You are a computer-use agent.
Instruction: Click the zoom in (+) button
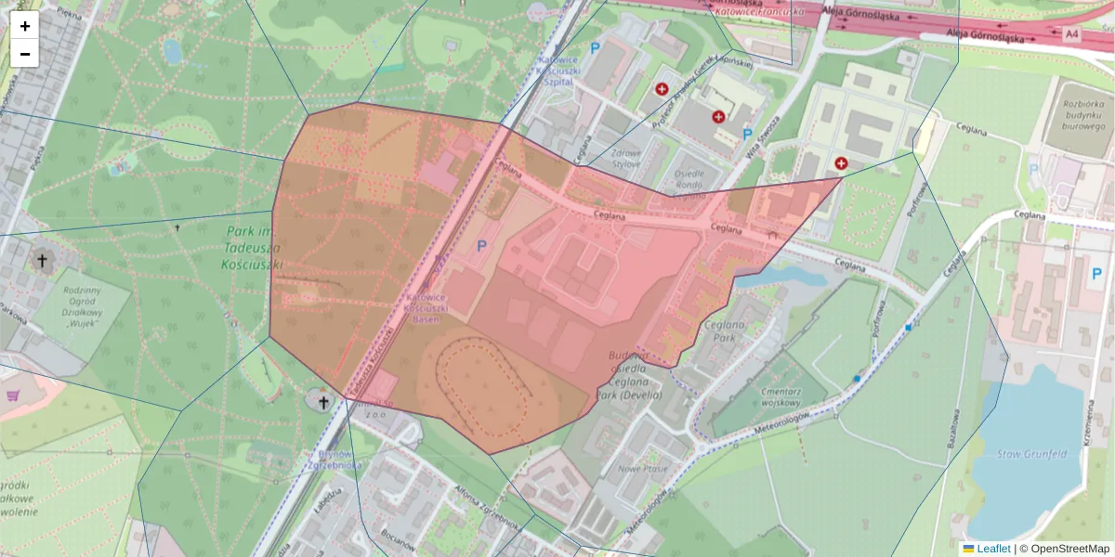point(25,26)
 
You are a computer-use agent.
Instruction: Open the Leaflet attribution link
point(993,549)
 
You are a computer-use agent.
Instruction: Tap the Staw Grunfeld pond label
point(1031,454)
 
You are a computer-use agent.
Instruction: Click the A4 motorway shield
point(1073,34)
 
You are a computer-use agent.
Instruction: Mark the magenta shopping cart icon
point(13,395)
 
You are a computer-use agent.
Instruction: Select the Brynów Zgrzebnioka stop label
point(334,459)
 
